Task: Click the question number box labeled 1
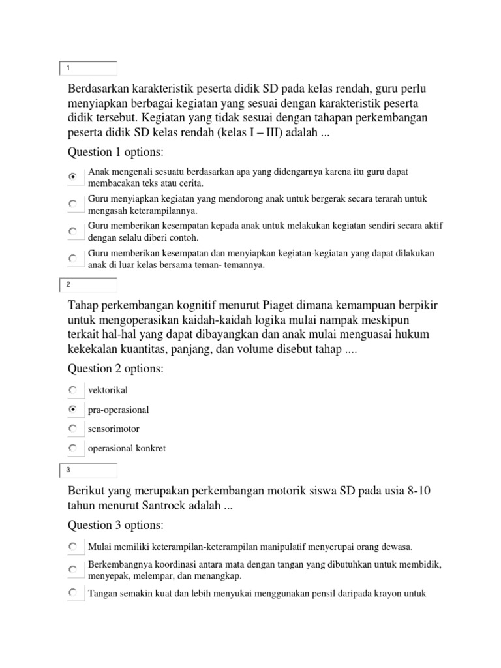[x=88, y=68]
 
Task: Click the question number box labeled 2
[x=88, y=284]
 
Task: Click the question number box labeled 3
[x=88, y=470]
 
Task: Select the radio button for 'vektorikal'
[x=73, y=390]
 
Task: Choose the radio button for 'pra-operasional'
[x=73, y=410]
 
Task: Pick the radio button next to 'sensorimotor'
[x=73, y=429]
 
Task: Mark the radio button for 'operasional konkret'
[x=73, y=448]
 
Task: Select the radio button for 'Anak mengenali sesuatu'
[x=73, y=176]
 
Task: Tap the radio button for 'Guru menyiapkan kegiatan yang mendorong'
[x=73, y=204]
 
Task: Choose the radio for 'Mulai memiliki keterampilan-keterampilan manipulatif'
[x=73, y=546]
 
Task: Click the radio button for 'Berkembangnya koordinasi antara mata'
[x=73, y=569]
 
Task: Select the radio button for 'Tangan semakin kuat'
[x=73, y=593]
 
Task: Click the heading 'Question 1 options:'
[x=116, y=152]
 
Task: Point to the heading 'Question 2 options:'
[x=116, y=369]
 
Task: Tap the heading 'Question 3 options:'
[x=116, y=525]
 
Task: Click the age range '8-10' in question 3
[x=416, y=491]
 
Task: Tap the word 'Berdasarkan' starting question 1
[x=99, y=89]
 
